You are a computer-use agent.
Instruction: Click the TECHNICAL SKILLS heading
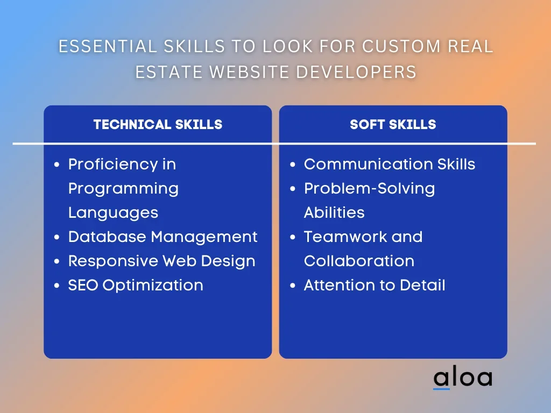pyautogui.click(x=158, y=124)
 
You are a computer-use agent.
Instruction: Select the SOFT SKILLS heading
pyautogui.click(x=393, y=124)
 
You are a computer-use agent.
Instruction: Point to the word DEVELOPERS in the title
pyautogui.click(x=356, y=72)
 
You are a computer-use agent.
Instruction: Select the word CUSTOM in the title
pyautogui.click(x=401, y=46)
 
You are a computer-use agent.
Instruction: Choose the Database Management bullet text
pyautogui.click(x=163, y=237)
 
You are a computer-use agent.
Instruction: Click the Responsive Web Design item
pyautogui.click(x=161, y=261)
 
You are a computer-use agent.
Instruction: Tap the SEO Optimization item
pyautogui.click(x=136, y=285)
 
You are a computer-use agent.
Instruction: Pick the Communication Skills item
pyautogui.click(x=390, y=164)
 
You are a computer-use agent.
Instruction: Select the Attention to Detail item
pyautogui.click(x=375, y=285)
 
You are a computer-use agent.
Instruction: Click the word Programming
pyautogui.click(x=123, y=189)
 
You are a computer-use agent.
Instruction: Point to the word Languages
pyautogui.click(x=113, y=213)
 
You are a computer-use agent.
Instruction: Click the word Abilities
pyautogui.click(x=334, y=212)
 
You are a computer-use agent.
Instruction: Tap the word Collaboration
pyautogui.click(x=359, y=261)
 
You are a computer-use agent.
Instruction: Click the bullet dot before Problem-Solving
pyautogui.click(x=293, y=189)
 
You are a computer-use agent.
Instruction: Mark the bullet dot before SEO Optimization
pyautogui.click(x=57, y=286)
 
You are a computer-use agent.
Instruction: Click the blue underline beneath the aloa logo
pyautogui.click(x=441, y=389)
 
